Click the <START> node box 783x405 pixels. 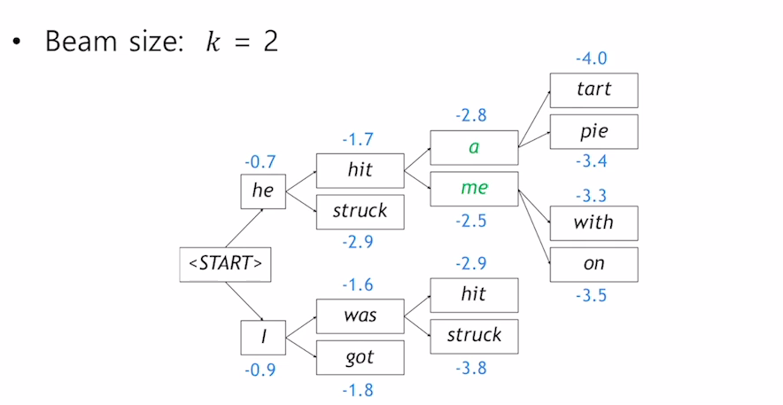225,264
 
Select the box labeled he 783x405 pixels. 263,191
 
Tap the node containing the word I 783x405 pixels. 263,338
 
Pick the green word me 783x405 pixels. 474,188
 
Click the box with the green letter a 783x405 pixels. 474,147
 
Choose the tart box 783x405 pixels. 593,90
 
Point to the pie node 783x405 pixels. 593,131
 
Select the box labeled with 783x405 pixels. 593,222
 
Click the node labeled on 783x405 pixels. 593,263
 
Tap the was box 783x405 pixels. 360,315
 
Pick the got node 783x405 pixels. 360,357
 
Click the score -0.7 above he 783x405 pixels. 260,162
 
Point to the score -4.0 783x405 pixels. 591,59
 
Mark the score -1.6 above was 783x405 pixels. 358,285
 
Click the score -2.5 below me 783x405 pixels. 471,221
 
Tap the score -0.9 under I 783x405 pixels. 260,370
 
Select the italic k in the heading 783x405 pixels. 212,41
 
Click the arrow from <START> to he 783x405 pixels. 244,229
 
